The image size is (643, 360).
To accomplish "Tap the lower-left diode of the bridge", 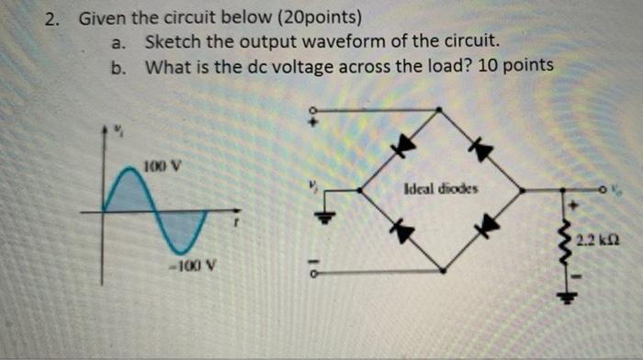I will tap(400, 231).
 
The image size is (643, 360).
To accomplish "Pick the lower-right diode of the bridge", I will tap(491, 224).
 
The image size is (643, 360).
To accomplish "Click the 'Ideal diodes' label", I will tap(440, 188).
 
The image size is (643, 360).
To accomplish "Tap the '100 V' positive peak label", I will tap(162, 167).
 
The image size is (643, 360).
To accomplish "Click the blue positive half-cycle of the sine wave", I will tap(128, 195).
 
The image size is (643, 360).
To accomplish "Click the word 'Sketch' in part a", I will tap(171, 41).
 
